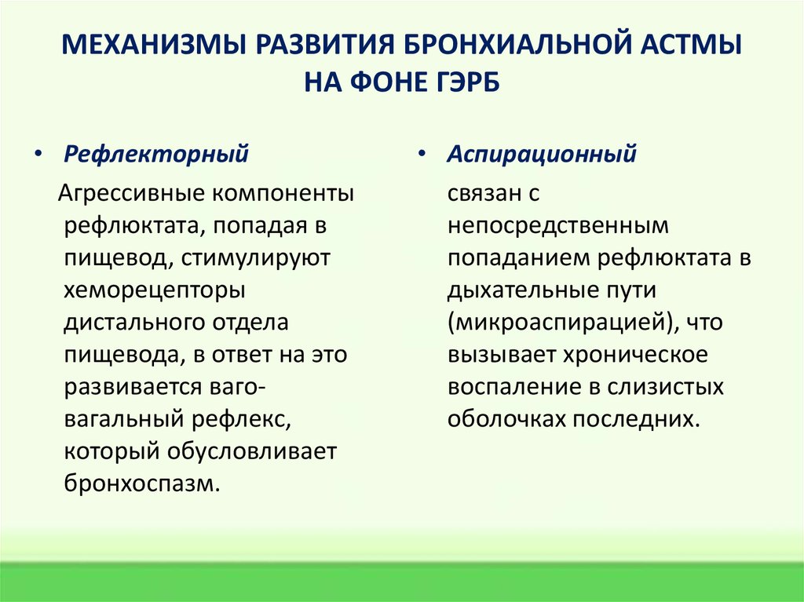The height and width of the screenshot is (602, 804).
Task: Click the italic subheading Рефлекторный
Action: coord(156,154)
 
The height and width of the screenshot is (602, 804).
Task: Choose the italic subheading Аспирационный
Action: coord(542,154)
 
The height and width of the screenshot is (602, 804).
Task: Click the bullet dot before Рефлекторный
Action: coord(39,155)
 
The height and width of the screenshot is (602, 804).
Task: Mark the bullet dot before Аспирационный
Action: coord(422,155)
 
